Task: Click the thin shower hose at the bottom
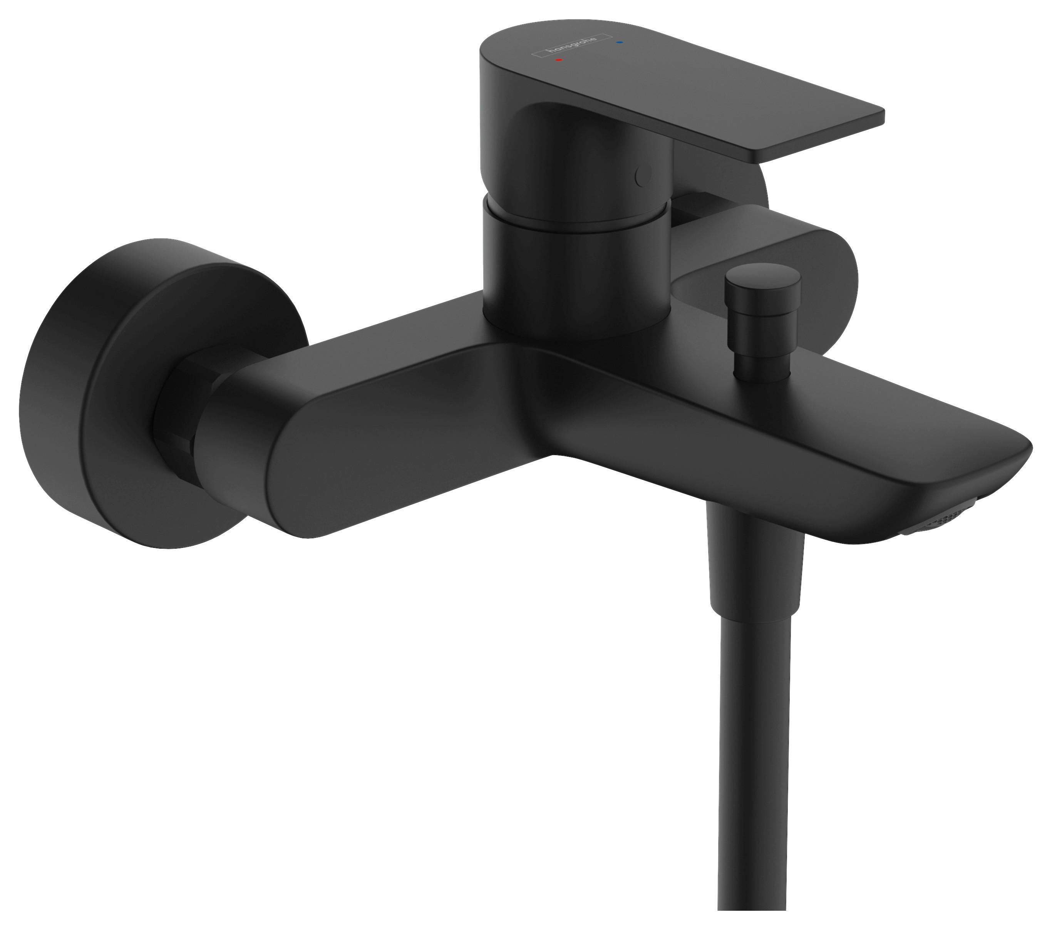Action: click(x=757, y=772)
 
